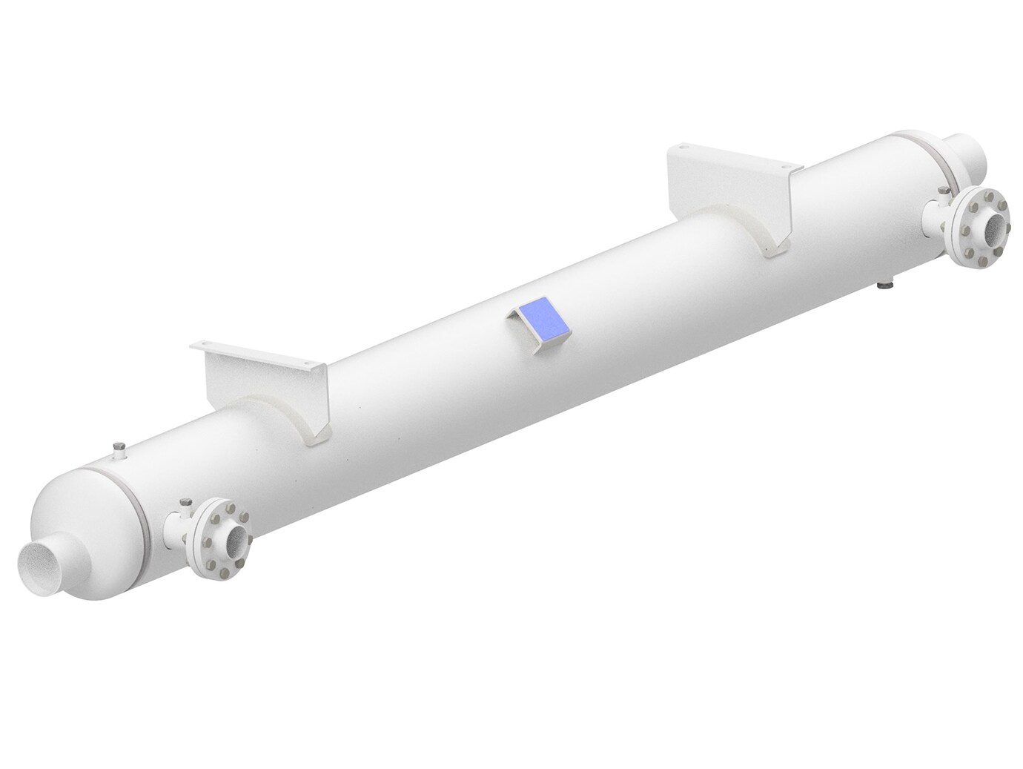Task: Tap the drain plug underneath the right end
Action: (885, 284)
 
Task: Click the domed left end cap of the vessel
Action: (82, 512)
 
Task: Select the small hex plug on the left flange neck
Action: (185, 504)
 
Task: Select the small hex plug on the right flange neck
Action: (943, 192)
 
